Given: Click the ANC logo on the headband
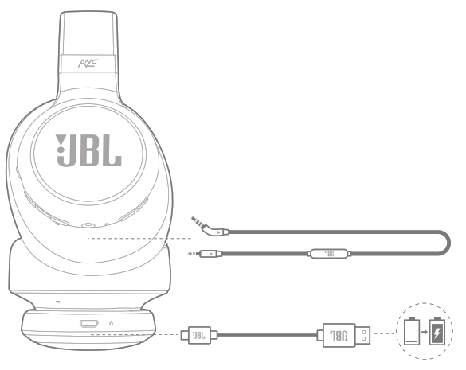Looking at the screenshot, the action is coord(88,63).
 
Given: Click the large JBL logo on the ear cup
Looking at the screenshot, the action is coord(88,150).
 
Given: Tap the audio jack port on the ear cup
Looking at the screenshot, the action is coord(88,225).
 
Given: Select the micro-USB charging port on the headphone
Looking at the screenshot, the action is coord(89,323).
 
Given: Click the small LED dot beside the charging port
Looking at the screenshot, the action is coord(112,323).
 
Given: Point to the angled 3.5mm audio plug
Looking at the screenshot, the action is coord(210,227).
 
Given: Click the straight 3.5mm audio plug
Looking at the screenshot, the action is coord(206,254).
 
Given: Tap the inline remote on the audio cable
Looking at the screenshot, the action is coord(329,254).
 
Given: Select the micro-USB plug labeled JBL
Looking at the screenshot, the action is coord(199,335).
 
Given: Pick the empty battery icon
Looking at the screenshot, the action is coord(412,331).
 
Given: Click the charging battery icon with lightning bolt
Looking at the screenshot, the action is coord(437,331).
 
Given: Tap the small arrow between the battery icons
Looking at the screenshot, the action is coord(425,332).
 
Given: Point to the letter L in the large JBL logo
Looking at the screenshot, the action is coord(112,150).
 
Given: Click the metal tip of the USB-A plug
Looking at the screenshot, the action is coord(363,335).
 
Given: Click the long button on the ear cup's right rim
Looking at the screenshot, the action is coord(134,209).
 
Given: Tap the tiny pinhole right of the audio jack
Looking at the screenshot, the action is coord(106,224).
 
